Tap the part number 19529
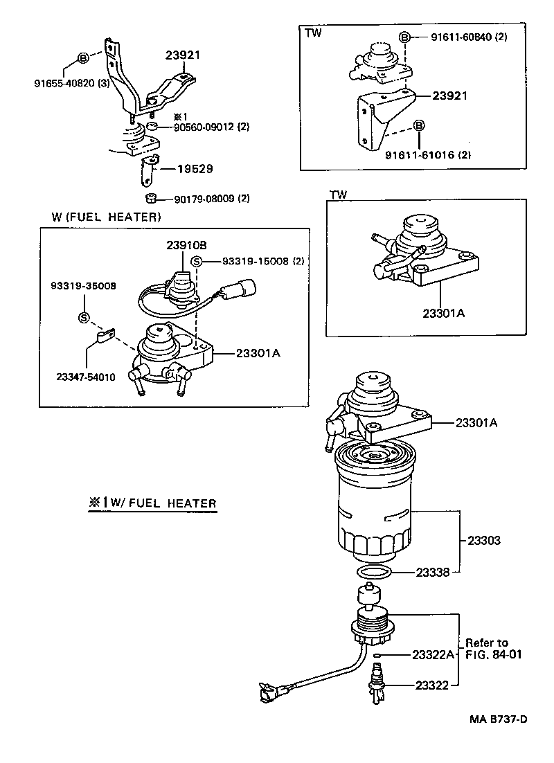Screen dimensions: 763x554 click(195, 168)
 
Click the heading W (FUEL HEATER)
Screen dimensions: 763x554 click(106, 217)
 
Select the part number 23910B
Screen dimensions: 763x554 click(186, 245)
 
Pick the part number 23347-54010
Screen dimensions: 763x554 click(86, 377)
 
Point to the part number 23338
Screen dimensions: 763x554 click(433, 573)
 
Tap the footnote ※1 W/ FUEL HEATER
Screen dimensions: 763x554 click(152, 503)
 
